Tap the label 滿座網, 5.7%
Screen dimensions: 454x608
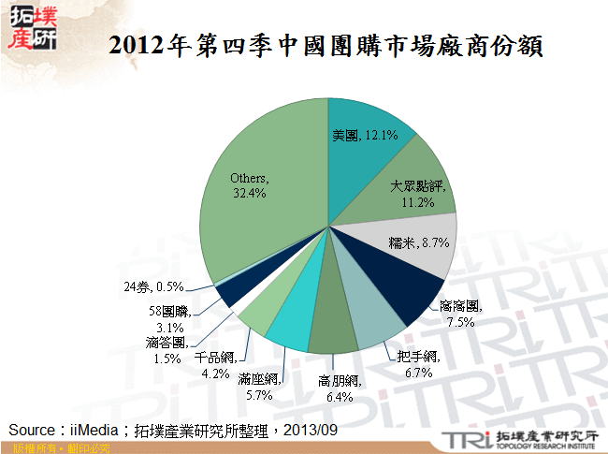[259, 387]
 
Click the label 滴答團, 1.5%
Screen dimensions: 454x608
[166, 350]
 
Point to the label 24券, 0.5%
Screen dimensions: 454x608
[152, 286]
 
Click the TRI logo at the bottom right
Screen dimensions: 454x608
[461, 439]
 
